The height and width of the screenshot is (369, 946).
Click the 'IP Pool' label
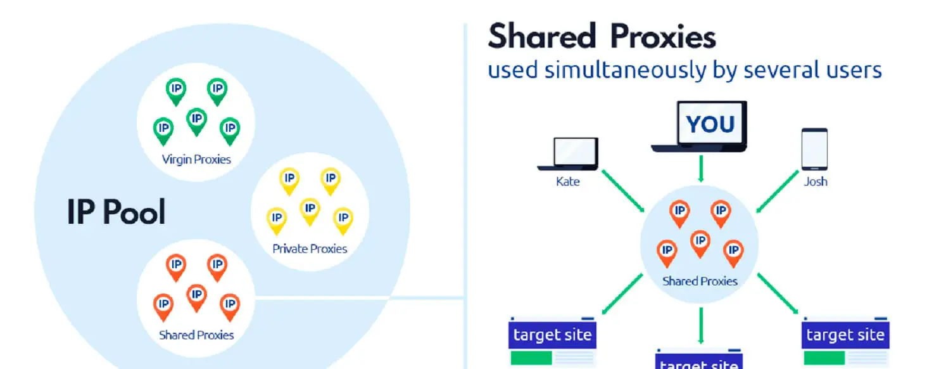[116, 212]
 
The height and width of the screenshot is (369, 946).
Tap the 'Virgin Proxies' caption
[196, 160]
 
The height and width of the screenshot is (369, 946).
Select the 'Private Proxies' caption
[310, 249]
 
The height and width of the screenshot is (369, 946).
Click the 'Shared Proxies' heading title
[602, 37]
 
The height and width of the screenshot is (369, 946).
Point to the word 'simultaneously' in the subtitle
[625, 70]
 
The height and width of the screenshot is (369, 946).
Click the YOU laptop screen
[711, 123]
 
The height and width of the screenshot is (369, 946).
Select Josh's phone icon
[814, 149]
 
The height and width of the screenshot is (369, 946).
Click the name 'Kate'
[568, 182]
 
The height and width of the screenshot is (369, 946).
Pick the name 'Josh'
[816, 182]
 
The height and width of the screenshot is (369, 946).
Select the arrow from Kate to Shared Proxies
[623, 191]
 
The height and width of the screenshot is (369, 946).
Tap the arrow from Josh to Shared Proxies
[777, 191]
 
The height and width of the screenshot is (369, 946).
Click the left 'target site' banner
[552, 335]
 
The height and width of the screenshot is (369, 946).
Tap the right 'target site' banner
[845, 335]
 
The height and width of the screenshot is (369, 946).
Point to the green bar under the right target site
[824, 358]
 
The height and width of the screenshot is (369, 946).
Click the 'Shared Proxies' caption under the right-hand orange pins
[700, 282]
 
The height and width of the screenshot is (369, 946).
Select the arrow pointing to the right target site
[778, 294]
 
